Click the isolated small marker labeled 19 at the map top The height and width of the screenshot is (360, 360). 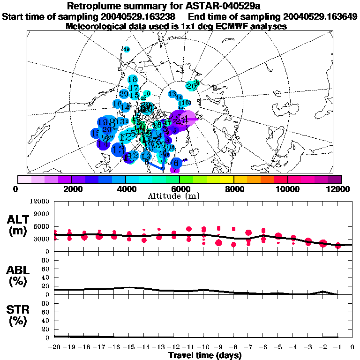coord(126,49)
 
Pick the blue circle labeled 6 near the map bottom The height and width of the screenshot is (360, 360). coord(176,163)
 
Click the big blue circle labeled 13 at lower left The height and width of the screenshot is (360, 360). coord(119,150)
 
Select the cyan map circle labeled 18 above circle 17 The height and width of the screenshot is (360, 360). coord(132,79)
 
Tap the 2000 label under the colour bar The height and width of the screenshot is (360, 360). coord(71,189)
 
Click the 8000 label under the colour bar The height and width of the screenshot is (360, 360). coord(234,189)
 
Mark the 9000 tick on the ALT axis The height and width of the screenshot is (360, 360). coord(42,211)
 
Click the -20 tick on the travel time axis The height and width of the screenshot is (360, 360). coord(55,347)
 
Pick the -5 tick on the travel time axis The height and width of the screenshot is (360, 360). coord(278,347)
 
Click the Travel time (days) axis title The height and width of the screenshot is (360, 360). coord(205,355)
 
